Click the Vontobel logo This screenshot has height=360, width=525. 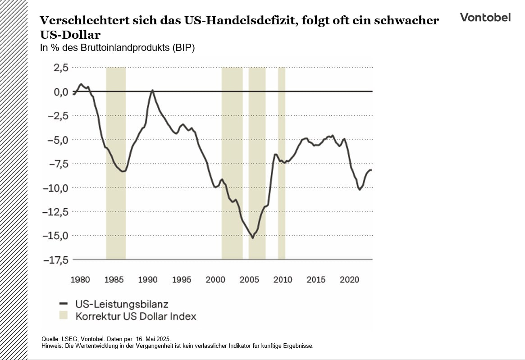(485, 17)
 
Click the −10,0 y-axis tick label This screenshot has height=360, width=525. (55, 187)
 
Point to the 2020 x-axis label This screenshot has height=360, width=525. (350, 280)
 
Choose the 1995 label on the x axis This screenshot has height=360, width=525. (182, 280)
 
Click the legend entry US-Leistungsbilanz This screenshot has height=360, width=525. (122, 304)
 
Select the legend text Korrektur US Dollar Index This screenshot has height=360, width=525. (136, 316)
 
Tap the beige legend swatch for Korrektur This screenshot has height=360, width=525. (64, 315)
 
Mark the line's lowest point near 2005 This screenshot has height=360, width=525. (253, 238)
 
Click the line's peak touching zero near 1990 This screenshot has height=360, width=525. (152, 90)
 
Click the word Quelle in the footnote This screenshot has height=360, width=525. (50, 338)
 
